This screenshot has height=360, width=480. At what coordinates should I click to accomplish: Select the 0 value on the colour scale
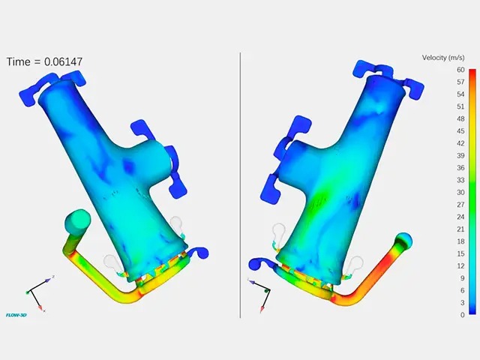(x=460, y=315)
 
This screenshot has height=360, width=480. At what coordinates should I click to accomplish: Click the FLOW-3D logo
(x=16, y=315)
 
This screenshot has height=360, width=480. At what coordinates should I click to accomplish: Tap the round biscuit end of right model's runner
(x=403, y=241)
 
